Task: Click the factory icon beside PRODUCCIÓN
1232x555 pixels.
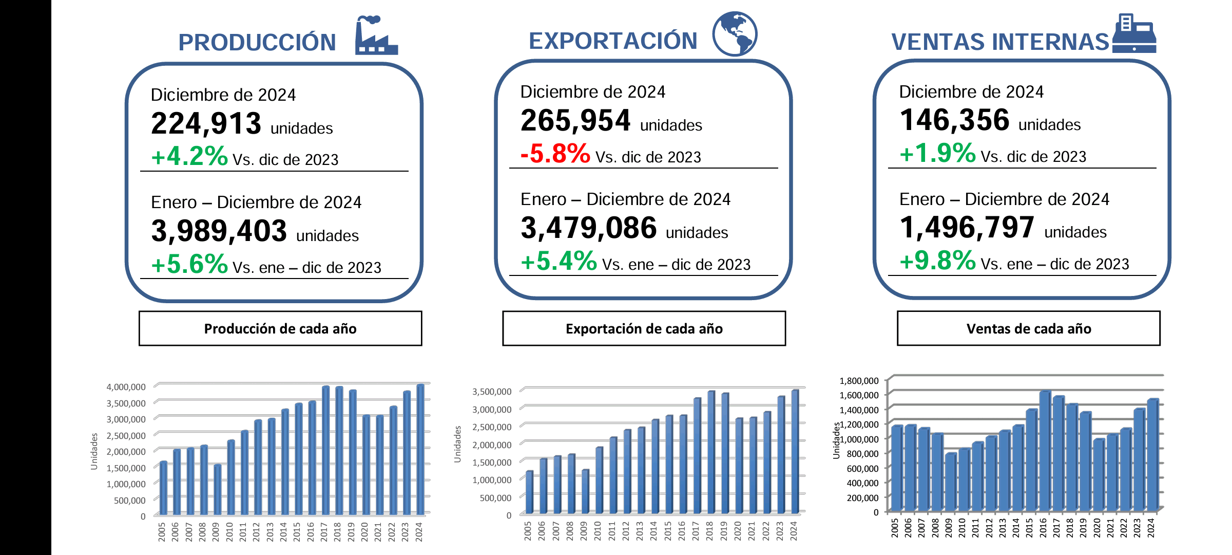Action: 376,36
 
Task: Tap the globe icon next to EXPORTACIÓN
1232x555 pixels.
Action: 735,34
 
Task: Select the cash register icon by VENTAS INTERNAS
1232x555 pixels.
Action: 1134,34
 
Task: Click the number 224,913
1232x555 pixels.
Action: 206,124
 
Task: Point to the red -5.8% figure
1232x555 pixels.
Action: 555,154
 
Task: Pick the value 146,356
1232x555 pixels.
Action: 954,120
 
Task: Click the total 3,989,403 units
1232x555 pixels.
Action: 219,231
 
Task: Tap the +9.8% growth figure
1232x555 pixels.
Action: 937,261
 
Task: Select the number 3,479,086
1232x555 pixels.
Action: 588,228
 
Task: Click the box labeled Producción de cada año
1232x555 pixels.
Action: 280,328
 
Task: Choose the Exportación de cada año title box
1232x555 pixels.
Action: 644,328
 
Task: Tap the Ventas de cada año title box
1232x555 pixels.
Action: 1028,328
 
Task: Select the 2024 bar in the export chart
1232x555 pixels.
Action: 795,452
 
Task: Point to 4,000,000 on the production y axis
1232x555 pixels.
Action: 126,387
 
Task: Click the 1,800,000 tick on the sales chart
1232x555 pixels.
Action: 859,381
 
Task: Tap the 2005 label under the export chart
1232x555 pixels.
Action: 528,530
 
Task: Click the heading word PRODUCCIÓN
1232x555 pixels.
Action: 257,42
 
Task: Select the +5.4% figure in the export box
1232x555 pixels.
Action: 559,261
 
